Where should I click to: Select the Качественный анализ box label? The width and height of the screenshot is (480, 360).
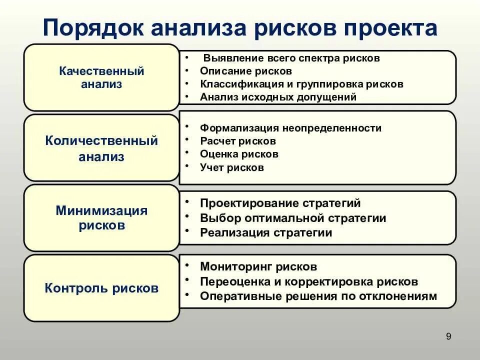point(101,77)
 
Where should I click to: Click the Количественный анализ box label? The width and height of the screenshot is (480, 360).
point(101,148)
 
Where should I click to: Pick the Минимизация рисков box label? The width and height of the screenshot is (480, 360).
point(101,217)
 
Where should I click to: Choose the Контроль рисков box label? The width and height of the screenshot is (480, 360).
point(101,288)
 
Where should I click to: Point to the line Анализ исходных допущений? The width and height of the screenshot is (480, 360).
point(278,97)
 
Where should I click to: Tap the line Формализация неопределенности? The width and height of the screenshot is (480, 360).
point(290,128)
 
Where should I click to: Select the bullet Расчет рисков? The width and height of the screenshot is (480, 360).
point(237,141)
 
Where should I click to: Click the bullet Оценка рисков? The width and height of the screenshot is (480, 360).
point(239,154)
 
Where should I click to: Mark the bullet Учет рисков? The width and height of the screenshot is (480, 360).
point(231,167)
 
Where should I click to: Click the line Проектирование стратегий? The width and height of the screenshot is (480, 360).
point(280,203)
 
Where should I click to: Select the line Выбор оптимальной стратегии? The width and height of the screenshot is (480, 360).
point(293,218)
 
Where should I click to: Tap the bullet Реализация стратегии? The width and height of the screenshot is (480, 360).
point(266,232)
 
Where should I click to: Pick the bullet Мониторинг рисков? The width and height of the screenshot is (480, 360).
point(258,267)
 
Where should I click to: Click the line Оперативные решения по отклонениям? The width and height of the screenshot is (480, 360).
point(318,296)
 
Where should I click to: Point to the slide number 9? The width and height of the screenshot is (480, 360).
point(448,336)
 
